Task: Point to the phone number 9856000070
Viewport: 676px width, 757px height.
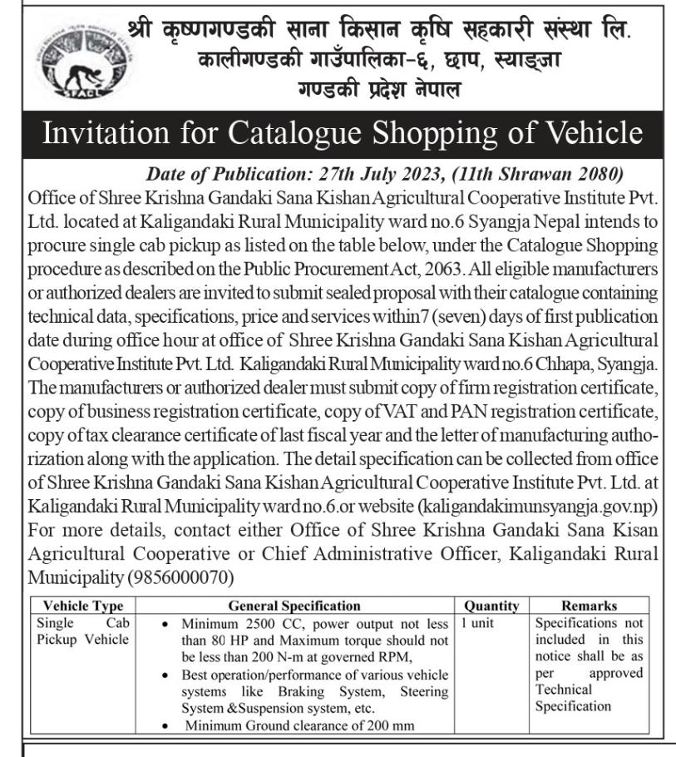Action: click(x=181, y=576)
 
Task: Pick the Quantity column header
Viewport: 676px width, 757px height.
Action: click(x=491, y=606)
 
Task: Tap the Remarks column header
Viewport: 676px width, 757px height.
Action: click(x=589, y=606)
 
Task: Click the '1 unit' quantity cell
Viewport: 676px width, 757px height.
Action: click(x=476, y=622)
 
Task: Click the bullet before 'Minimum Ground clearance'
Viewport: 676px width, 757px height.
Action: click(x=169, y=725)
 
